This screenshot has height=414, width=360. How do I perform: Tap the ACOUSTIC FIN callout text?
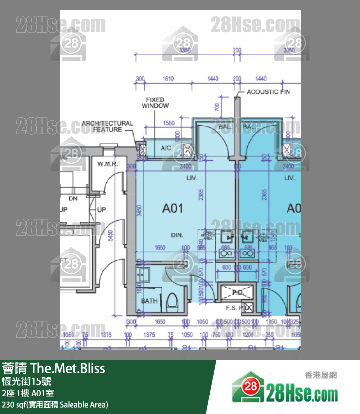pyautogui.click(x=269, y=92)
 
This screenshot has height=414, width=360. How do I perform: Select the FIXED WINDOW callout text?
pyautogui.click(x=155, y=103)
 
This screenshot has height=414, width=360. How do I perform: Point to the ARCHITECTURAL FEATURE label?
pyautogui.click(x=107, y=126)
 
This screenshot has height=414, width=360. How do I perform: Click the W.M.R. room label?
pyautogui.click(x=108, y=164)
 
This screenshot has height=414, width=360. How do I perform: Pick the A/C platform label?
pyautogui.click(x=166, y=148)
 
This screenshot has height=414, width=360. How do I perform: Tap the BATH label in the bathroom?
pyautogui.click(x=149, y=301)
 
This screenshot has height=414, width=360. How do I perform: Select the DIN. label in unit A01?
pyautogui.click(x=177, y=235)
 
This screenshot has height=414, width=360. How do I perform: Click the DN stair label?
pyautogui.click(x=73, y=199)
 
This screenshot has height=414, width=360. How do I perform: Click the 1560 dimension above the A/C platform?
pyautogui.click(x=169, y=123)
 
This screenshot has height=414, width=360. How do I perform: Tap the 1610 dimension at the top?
pyautogui.click(x=168, y=78)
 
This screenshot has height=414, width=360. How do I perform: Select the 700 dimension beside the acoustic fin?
pyautogui.click(x=217, y=107)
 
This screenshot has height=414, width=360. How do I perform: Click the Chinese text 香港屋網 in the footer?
pyautogui.click(x=321, y=375)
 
